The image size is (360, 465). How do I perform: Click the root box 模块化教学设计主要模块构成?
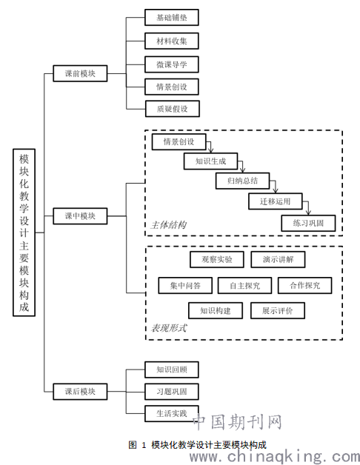tap(24, 232)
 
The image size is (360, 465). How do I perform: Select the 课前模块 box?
tap(80, 73)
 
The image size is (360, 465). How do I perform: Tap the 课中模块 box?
tap(80, 216)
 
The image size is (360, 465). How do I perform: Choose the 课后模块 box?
tap(80, 392)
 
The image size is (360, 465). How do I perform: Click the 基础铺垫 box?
tap(172, 17)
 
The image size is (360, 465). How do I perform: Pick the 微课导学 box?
tap(172, 64)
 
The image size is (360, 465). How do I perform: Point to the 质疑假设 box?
tap(173, 109)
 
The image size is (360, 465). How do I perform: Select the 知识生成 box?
tap(210, 161)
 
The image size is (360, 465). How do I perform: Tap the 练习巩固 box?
tap(308, 223)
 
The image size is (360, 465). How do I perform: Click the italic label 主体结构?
tap(169, 225)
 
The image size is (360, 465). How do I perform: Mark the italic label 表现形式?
tap(169, 328)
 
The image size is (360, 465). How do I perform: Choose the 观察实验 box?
tap(217, 259)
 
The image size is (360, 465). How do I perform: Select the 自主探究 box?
tap(245, 286)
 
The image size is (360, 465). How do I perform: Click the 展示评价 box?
tap(278, 310)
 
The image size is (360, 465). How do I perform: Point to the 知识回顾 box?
tap(172, 369)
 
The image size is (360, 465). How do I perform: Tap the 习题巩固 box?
tap(172, 392)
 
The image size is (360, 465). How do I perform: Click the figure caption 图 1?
tap(138, 445)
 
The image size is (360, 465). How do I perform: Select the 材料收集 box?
tap(172, 41)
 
